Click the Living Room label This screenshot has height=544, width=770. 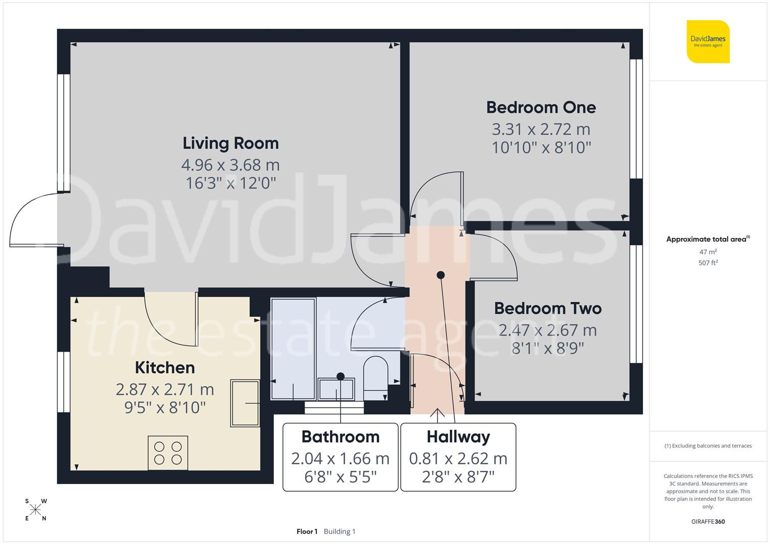coord(230,144)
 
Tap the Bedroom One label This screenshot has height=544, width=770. coord(541,107)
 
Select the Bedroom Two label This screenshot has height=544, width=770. coord(548,308)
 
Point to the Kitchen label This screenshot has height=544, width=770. coord(165,368)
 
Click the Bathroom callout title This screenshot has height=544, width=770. coord(340,437)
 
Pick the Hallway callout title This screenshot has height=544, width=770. coord(458,437)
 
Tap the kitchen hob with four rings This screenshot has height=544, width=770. coord(168,453)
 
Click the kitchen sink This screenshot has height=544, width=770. coord(245,403)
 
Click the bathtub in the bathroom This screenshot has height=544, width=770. coord(293,349)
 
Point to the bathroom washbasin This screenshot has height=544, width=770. coord(336,389)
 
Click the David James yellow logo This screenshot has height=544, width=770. coord(708,42)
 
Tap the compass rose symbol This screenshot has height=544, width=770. coord(35,510)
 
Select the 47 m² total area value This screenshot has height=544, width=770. coord(708,252)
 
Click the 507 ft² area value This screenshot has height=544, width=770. coord(708,263)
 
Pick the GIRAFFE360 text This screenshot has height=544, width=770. coord(708,522)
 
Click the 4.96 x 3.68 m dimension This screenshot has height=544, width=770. coord(230,165)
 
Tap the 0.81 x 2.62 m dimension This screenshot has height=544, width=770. coord(458,458)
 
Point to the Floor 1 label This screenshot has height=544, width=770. coord(307,531)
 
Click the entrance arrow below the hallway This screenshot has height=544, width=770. coord(437,414)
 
